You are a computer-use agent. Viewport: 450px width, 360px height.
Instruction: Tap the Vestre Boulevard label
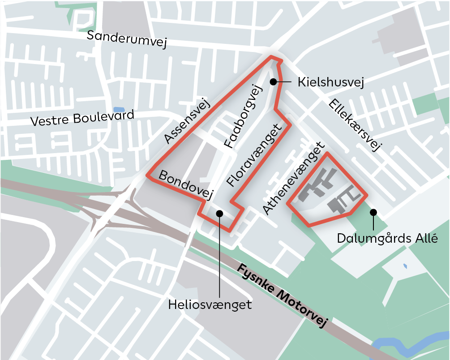82,119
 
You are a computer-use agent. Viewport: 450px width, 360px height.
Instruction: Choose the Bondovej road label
185,184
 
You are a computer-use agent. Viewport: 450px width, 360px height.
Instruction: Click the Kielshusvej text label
330,82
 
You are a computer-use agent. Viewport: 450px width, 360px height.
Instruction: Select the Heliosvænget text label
210,305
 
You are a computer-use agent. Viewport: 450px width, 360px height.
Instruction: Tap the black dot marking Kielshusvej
273,81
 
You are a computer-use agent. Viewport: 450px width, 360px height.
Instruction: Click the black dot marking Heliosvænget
219,214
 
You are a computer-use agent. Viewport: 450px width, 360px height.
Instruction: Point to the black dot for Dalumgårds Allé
373,212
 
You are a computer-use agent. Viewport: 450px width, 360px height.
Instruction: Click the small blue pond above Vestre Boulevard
119,110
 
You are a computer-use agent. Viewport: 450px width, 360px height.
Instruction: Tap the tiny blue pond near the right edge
405,266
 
